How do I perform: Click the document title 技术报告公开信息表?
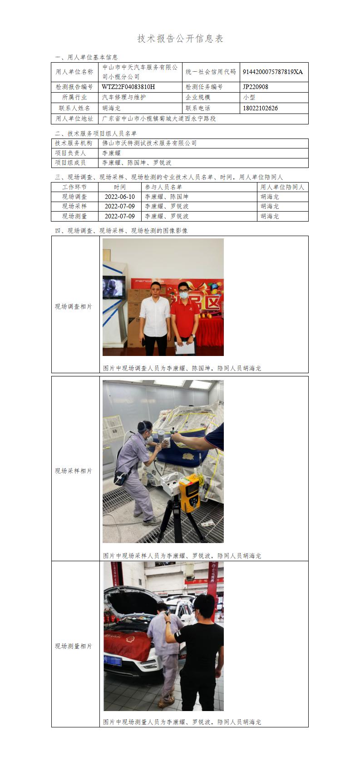180,39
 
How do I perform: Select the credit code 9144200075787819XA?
273,72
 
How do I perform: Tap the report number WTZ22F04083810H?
128,87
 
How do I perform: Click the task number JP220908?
256,87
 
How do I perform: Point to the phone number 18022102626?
260,109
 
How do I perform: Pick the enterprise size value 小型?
249,98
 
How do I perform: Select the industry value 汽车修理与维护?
124,98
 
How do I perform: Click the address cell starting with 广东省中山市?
159,119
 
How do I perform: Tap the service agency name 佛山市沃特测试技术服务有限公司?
149,143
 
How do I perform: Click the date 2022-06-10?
119,197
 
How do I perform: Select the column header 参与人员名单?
163,187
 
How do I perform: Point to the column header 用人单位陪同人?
282,187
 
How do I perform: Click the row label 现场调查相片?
74,307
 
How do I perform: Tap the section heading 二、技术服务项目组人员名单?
96,133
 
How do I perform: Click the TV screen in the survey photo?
114,287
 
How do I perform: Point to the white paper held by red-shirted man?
184,347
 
